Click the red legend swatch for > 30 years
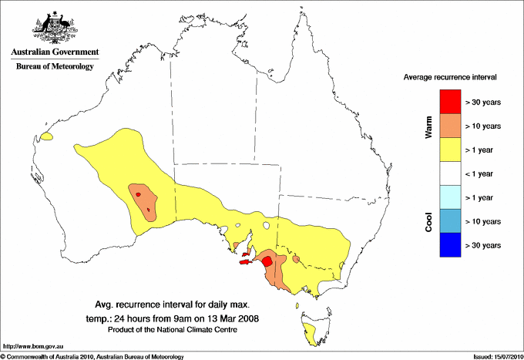click(450, 101)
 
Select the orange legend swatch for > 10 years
click(450, 125)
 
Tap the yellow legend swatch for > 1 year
click(450, 149)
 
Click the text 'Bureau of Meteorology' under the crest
click(55, 67)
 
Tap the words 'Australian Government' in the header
click(55, 52)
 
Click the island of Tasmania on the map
click(314, 334)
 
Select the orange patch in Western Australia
click(143, 201)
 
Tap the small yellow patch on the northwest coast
click(47, 136)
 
